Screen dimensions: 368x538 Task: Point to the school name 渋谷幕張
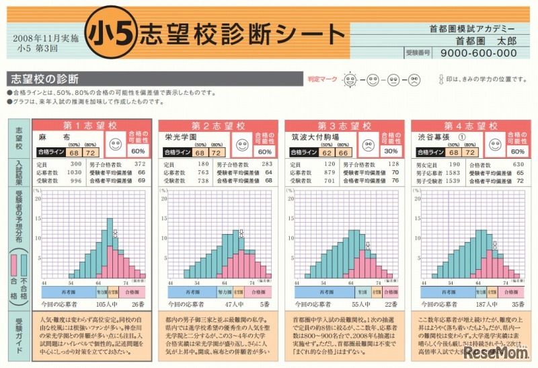pos(434,137)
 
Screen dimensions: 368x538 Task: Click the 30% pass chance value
pos(388,151)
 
